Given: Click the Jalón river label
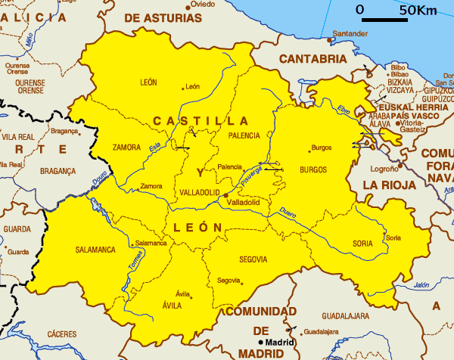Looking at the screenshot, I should click(421, 285).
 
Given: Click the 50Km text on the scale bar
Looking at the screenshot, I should click(418, 10).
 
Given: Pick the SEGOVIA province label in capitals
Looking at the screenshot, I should click(253, 259).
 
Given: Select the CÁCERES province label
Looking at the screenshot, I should click(61, 334).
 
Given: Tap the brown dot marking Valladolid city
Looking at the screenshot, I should click(225, 195).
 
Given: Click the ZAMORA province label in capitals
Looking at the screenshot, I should click(126, 147).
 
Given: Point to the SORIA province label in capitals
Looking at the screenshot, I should click(363, 244).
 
